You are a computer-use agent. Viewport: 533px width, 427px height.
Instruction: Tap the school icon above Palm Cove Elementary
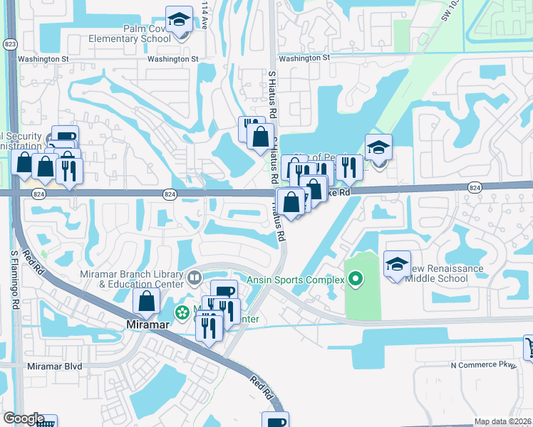tap(179, 19)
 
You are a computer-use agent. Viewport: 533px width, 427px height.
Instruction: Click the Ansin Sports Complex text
tap(295, 280)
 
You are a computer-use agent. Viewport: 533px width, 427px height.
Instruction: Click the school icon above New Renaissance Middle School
tap(397, 265)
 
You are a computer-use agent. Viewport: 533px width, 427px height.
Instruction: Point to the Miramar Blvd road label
tap(54, 366)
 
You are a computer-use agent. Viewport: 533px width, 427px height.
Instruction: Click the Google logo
tap(24, 418)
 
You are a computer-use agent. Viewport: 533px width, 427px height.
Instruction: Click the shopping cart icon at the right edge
tap(528, 347)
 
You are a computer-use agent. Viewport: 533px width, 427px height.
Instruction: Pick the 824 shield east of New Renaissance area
tap(475, 186)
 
